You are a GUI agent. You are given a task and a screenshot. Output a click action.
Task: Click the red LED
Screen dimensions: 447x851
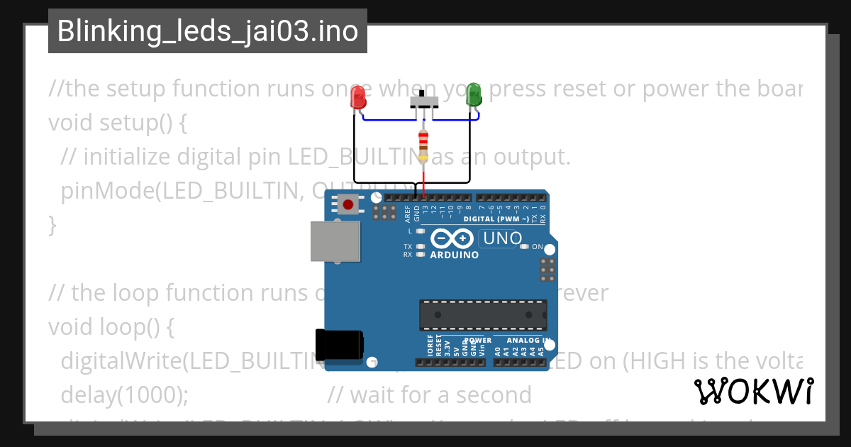[359, 97]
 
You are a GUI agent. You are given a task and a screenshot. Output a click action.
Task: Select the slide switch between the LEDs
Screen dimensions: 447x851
[424, 101]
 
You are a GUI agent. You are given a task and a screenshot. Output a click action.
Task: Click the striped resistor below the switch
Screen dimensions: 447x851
[423, 145]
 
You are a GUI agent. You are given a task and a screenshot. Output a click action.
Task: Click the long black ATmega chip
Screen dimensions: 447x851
[483, 314]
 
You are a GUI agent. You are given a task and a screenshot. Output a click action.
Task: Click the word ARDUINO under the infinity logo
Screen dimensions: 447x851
[455, 255]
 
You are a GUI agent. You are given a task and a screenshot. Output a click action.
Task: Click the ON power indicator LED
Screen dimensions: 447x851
[525, 247]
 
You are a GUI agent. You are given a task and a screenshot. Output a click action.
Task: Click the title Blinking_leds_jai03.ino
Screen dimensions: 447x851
[207, 31]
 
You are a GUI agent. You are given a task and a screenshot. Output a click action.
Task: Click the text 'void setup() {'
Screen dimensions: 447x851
[118, 123]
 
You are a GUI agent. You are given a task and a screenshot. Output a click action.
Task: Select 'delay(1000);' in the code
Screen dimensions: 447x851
[125, 394]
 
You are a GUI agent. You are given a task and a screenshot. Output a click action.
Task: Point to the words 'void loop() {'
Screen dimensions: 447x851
[111, 326]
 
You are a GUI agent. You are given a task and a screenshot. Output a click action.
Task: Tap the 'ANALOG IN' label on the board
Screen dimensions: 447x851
[525, 340]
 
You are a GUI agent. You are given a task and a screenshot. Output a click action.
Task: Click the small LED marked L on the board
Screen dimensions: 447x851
[420, 231]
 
